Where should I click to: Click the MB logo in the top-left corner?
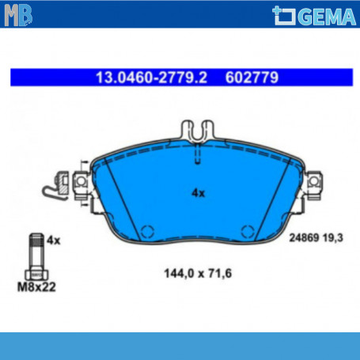[x=18, y=15]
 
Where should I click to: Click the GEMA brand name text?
[x=328, y=17]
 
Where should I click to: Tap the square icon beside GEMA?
[x=284, y=16]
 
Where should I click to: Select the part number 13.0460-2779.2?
[x=151, y=78]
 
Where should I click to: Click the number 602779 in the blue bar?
[x=252, y=78]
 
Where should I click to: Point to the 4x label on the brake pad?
[x=198, y=193]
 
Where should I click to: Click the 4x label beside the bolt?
[x=54, y=241]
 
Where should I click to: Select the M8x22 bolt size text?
[x=36, y=287]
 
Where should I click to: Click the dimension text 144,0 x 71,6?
[x=198, y=274]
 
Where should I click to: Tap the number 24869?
[x=304, y=238]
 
